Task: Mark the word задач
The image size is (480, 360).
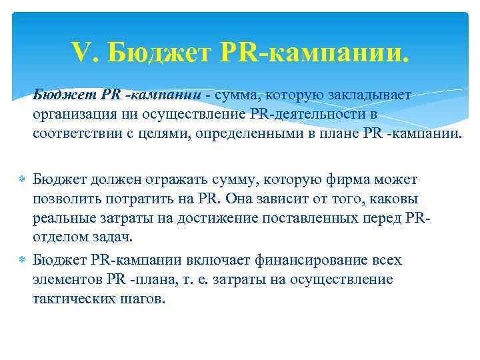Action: point(113,237)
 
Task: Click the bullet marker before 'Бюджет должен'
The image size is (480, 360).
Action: point(22,181)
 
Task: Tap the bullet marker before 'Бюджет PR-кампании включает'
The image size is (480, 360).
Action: point(22,261)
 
